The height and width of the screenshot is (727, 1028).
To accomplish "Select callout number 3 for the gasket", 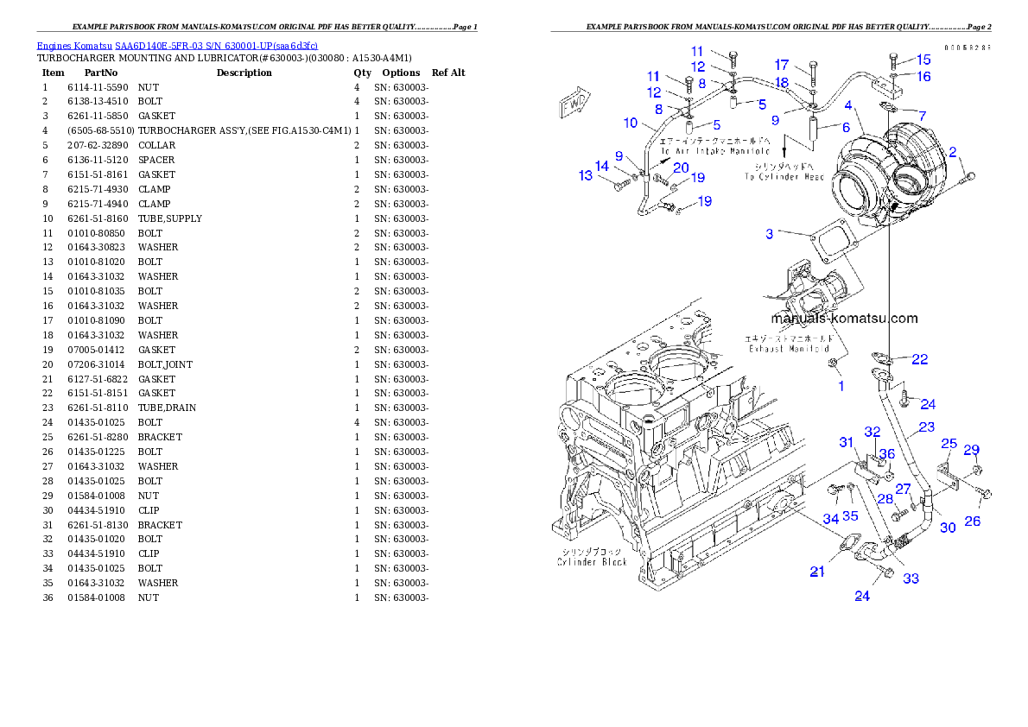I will tap(769, 233).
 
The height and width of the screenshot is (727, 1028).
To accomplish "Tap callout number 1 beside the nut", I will tap(841, 386).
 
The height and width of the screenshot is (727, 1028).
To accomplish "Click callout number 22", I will tap(919, 359).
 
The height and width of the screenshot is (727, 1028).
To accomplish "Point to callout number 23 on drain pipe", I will tap(926, 427).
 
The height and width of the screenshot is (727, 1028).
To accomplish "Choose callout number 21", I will tap(817, 571).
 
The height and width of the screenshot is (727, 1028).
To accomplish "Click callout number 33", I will tap(911, 578).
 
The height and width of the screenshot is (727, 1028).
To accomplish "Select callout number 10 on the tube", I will tap(630, 123).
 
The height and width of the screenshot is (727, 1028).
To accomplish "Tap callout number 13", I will tap(586, 175).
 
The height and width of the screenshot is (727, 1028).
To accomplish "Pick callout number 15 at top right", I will tap(923, 60).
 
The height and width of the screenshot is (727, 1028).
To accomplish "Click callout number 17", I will tap(781, 65).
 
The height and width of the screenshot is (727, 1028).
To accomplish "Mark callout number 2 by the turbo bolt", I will tap(953, 153).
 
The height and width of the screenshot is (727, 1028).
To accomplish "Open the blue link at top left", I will tap(177, 45).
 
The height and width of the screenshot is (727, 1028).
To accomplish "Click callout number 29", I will tap(972, 450).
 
